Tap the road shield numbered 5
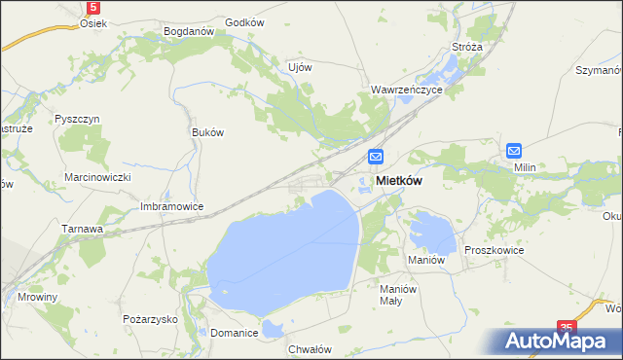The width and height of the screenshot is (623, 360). pyautogui.click(x=92, y=6)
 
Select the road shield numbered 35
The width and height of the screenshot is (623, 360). pyautogui.click(x=568, y=329)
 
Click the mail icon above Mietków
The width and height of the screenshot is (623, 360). pyautogui.click(x=377, y=157)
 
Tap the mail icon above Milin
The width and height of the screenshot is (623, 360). pyautogui.click(x=514, y=150)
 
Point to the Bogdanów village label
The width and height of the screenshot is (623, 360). pyautogui.click(x=189, y=31)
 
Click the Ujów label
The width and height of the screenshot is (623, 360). pyautogui.click(x=300, y=67)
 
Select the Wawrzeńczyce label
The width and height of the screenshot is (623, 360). pyautogui.click(x=407, y=89)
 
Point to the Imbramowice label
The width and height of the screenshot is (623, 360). pyautogui.click(x=171, y=206)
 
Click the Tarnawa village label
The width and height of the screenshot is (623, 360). pyautogui.click(x=84, y=229)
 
